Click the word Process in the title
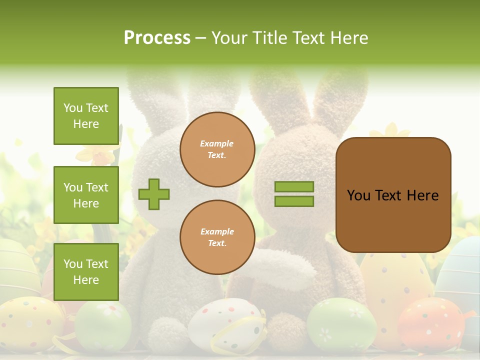point(157,37)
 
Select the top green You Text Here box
point(86,116)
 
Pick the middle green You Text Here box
point(86,195)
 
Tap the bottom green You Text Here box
point(86,271)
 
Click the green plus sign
point(154,194)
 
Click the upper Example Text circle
point(217,149)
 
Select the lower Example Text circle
point(217,237)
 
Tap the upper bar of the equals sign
point(294,186)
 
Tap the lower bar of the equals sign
point(294,201)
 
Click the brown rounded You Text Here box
point(393,195)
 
